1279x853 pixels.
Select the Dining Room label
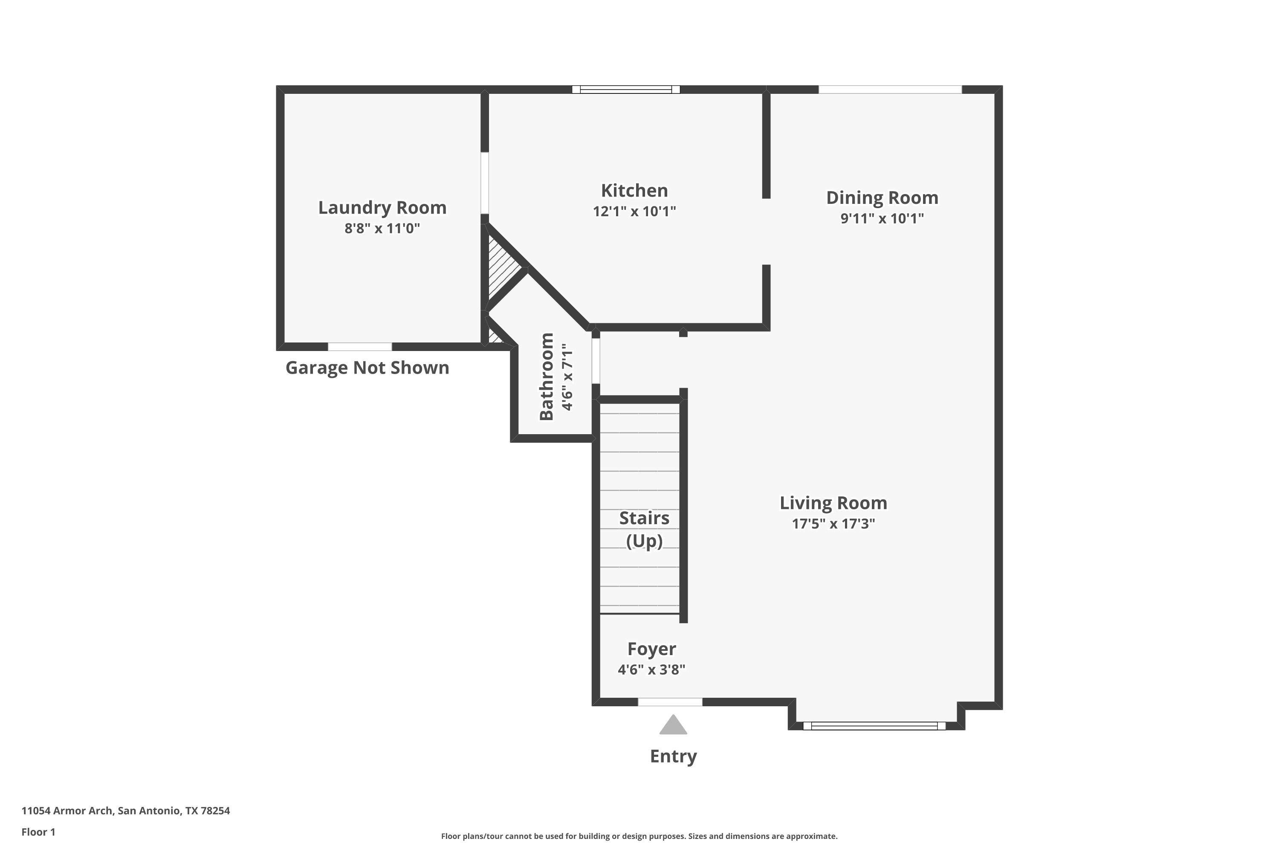[x=882, y=197]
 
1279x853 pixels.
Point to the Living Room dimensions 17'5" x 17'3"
[x=833, y=523]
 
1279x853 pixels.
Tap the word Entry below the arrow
[x=673, y=756]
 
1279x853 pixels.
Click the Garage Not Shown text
[x=367, y=368]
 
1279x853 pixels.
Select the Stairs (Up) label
[x=644, y=529]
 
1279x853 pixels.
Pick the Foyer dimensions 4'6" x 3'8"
[x=651, y=669]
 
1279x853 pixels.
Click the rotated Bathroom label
[x=547, y=377]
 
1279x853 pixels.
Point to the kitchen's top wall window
[x=626, y=90]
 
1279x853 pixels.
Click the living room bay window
[x=874, y=726]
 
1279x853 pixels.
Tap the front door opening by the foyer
[x=670, y=702]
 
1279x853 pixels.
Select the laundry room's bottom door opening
[x=359, y=346]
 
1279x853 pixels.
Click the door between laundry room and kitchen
[x=484, y=183]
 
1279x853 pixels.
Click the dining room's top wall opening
[x=890, y=89]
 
